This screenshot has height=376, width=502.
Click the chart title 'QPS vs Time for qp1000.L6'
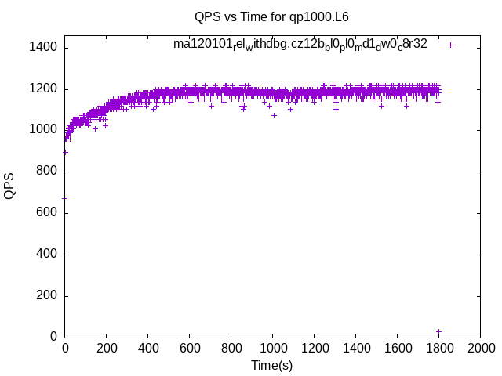point(272,16)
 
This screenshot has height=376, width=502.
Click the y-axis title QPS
point(9,186)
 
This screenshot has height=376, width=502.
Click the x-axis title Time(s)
point(272,365)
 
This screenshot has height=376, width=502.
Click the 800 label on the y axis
point(45,172)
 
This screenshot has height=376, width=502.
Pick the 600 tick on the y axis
point(45,213)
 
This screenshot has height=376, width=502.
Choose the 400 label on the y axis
point(45,255)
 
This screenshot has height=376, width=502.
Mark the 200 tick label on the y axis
point(45,296)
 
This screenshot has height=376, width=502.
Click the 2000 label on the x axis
point(480,348)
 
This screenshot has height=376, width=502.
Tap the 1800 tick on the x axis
point(438,348)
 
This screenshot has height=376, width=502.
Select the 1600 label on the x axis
point(397,348)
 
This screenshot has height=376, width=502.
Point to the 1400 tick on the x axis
point(355,348)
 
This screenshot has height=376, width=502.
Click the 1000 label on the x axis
point(272,348)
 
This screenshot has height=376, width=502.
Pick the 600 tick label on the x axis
point(189,348)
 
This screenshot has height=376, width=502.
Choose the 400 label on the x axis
point(147,348)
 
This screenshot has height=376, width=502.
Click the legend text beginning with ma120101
point(300,45)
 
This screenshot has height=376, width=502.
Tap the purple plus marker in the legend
point(450,45)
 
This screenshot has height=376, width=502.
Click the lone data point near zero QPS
point(438,331)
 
